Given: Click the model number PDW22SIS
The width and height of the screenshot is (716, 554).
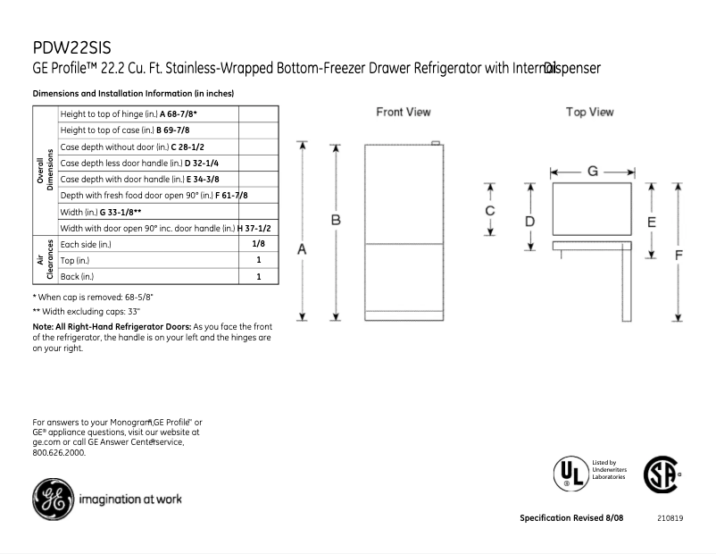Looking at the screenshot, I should click(x=71, y=47).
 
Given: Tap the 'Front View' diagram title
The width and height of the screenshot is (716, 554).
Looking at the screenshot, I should click(x=403, y=113).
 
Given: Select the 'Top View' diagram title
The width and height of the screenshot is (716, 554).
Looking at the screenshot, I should click(x=589, y=113).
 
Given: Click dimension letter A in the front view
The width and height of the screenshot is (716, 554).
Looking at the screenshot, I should click(x=302, y=250).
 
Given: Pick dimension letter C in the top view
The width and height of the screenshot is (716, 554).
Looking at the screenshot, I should click(x=490, y=211).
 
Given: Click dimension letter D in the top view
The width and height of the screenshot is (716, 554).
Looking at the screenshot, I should click(x=529, y=221).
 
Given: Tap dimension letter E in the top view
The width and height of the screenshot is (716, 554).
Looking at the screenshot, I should click(x=652, y=221).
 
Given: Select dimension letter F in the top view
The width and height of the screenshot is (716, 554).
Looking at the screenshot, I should click(x=679, y=254).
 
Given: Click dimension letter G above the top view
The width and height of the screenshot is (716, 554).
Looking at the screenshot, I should click(x=592, y=171).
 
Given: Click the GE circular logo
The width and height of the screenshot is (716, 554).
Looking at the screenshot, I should click(x=53, y=499).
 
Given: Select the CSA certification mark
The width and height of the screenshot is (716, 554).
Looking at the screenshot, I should click(x=659, y=471).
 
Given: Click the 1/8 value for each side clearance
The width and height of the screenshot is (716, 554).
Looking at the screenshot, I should click(x=258, y=243).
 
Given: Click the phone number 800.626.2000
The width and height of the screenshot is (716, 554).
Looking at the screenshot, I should click(x=59, y=453).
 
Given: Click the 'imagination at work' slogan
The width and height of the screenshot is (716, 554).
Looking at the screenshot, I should click(x=130, y=499).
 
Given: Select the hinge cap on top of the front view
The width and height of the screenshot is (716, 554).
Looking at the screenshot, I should click(x=435, y=142).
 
